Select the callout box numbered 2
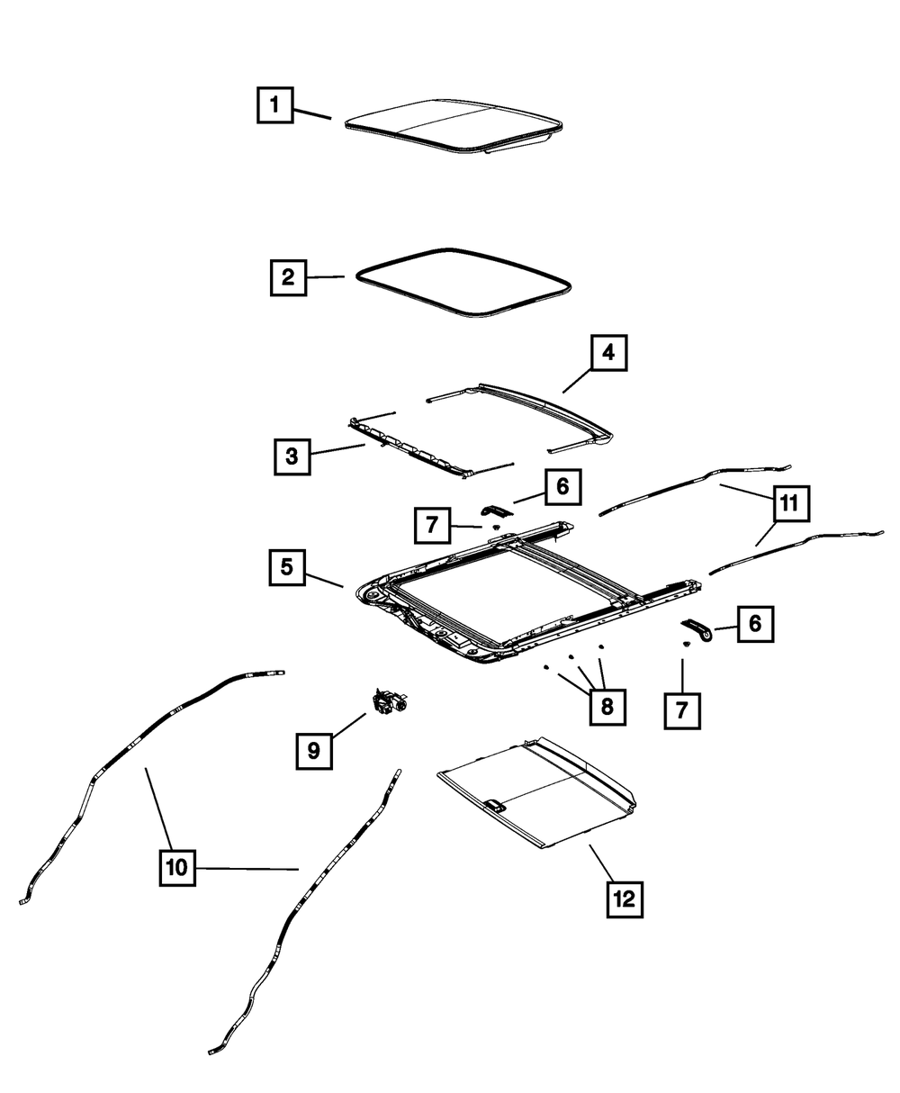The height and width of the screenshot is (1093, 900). (x=288, y=277)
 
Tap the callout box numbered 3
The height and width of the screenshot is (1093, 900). (x=292, y=456)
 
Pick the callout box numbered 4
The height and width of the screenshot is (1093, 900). (x=608, y=353)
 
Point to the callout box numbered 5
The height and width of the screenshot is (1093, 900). (x=286, y=567)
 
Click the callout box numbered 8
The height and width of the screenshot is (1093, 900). (x=607, y=707)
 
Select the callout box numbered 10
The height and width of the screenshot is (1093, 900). (x=176, y=868)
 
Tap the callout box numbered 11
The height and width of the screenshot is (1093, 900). (x=788, y=505)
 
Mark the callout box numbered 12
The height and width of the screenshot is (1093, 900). (x=625, y=898)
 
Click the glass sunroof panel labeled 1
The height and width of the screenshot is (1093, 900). (x=450, y=126)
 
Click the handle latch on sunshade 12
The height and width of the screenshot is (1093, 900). (x=494, y=804)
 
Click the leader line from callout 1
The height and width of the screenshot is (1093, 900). (x=311, y=113)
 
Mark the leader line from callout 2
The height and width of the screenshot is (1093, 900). (x=325, y=277)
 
